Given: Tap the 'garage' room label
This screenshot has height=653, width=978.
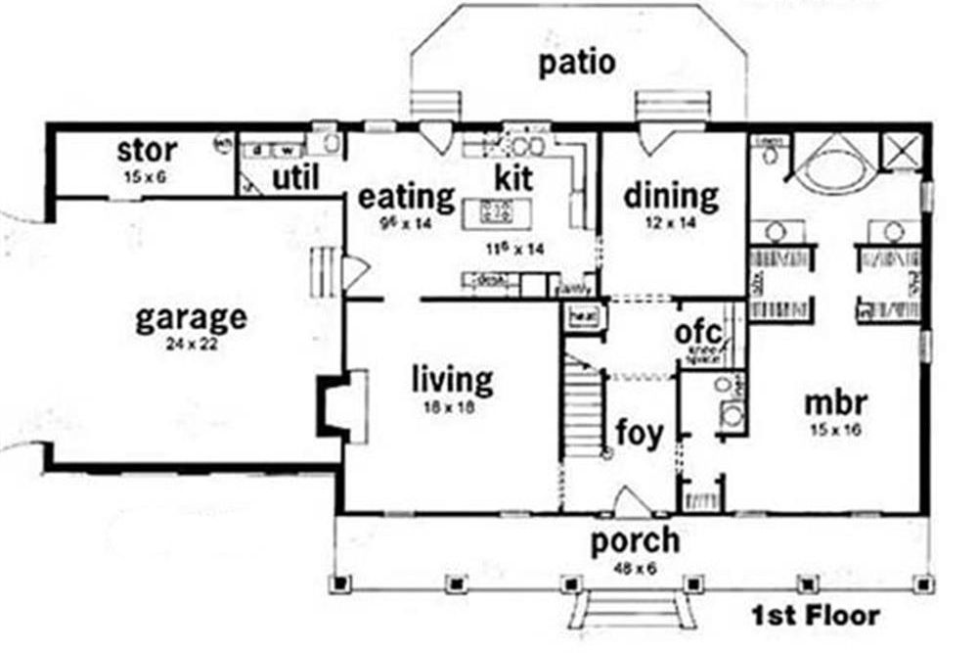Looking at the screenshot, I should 191,318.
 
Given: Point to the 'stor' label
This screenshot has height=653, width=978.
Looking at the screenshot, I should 147,151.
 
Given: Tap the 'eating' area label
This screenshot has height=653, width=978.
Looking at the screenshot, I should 406,197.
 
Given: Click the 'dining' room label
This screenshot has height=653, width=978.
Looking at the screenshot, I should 671,197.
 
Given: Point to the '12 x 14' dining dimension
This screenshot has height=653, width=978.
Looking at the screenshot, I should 672,221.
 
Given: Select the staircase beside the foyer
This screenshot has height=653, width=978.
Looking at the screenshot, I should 584,406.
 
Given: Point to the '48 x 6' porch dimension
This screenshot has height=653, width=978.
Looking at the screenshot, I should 635,566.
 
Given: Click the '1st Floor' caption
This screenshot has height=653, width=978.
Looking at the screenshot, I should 815,617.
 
